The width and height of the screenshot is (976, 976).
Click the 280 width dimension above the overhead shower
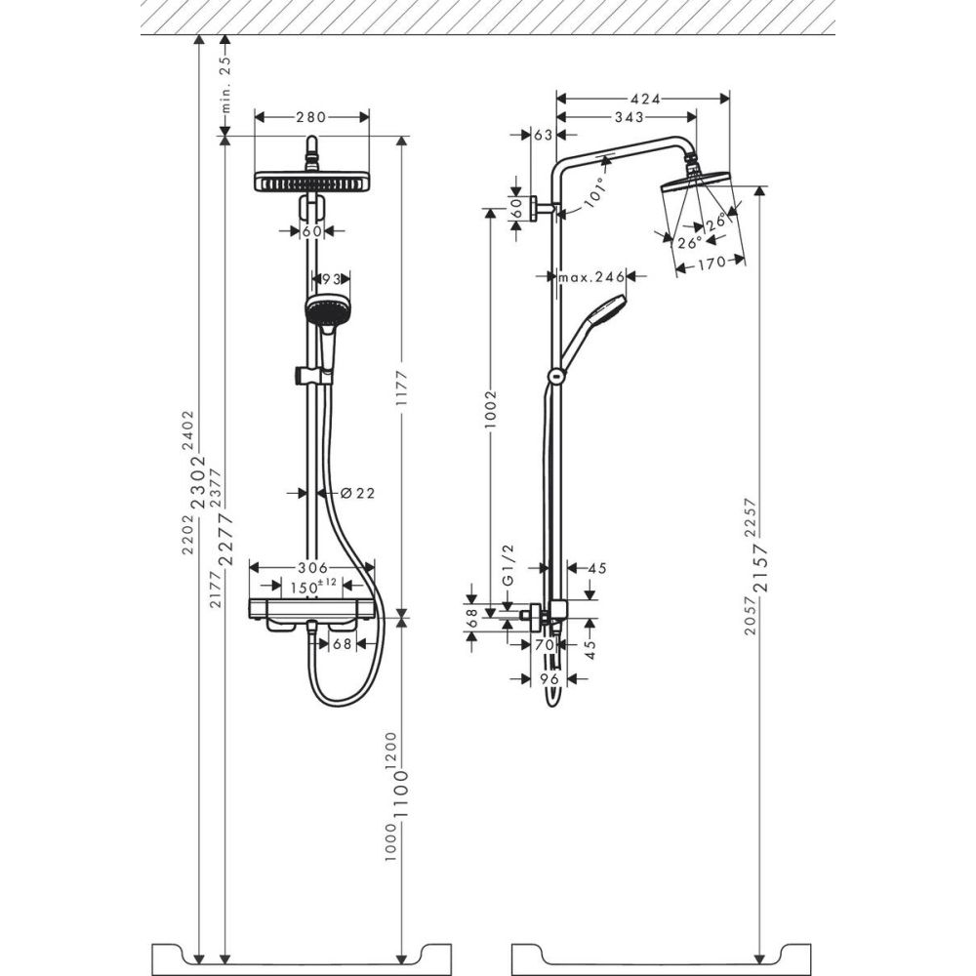point(310,117)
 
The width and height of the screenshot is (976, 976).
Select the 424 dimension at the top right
point(645,99)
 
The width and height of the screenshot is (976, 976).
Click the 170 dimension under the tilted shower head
point(710,263)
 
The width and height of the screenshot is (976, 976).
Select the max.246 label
point(590,278)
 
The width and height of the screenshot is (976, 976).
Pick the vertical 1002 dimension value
point(490,411)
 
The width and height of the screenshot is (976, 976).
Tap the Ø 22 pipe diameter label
point(358,494)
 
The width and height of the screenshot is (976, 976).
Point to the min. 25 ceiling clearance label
point(225,89)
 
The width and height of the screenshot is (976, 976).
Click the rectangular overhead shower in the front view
point(311,182)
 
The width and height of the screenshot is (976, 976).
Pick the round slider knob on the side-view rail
point(556,375)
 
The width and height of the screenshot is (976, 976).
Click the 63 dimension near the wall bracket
point(544,136)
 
